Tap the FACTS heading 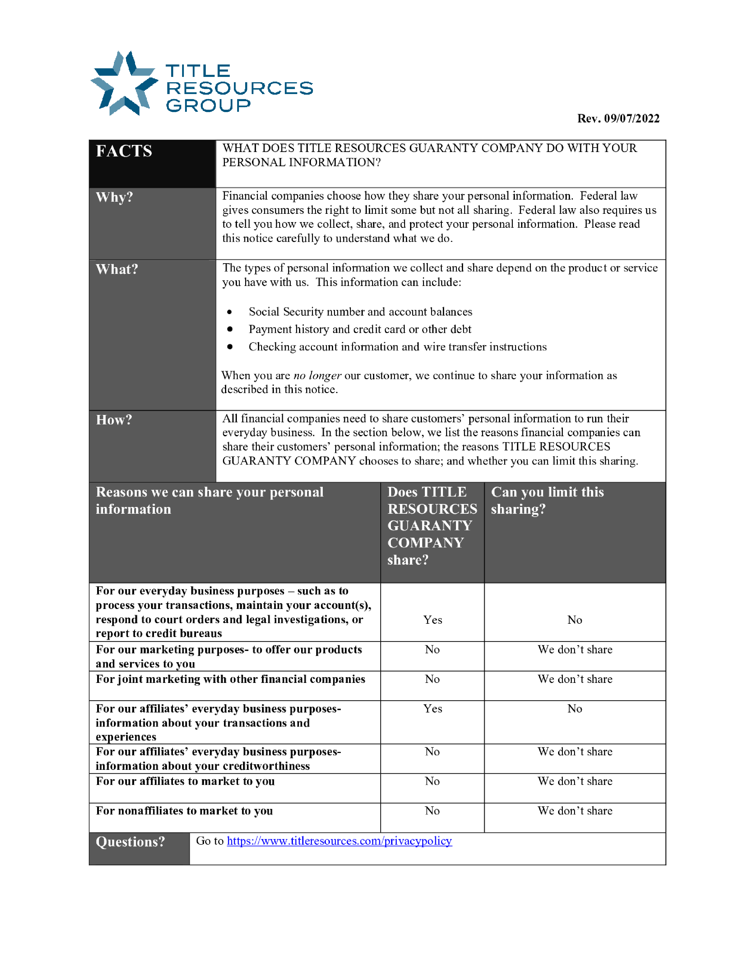pyautogui.click(x=124, y=151)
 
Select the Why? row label pyautogui.click(x=115, y=197)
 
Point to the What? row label pyautogui.click(x=117, y=269)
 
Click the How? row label pyautogui.click(x=114, y=420)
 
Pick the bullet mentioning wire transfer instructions pyautogui.click(x=397, y=347)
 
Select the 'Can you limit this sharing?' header pyautogui.click(x=547, y=500)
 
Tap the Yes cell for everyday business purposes pyautogui.click(x=433, y=620)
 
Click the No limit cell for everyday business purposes pyautogui.click(x=575, y=620)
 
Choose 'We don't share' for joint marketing pyautogui.click(x=575, y=679)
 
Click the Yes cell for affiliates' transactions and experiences pyautogui.click(x=433, y=709)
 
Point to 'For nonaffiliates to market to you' pyautogui.click(x=184, y=811)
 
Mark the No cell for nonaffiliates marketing pyautogui.click(x=432, y=811)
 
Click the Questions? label pyautogui.click(x=130, y=842)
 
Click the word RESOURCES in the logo pyautogui.click(x=240, y=88)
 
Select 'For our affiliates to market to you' pyautogui.click(x=185, y=781)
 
